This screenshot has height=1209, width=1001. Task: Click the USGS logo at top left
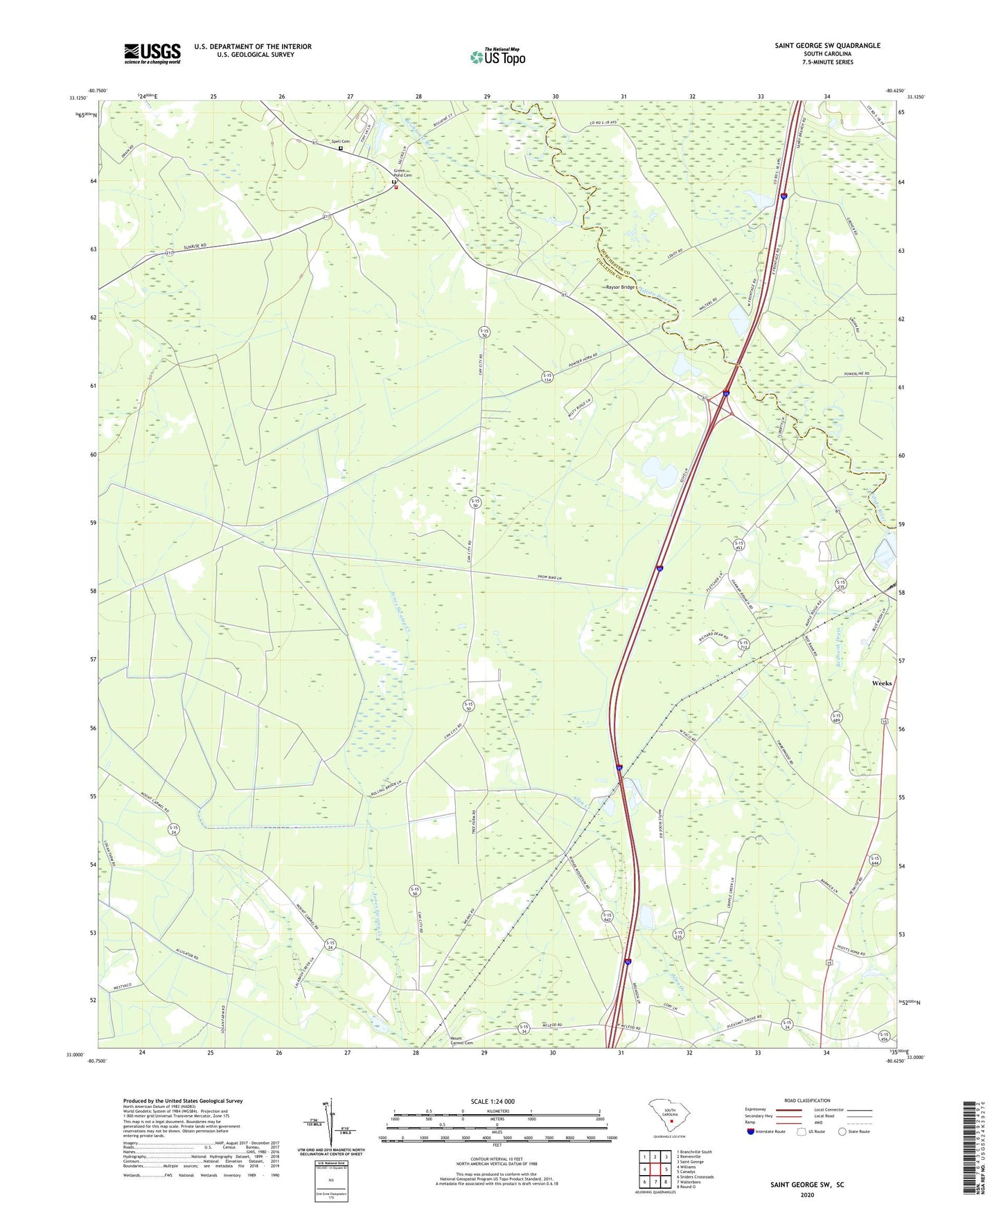pos(152,53)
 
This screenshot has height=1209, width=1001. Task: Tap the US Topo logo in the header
pos(497,57)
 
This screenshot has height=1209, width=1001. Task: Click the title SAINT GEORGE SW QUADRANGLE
pos(827,46)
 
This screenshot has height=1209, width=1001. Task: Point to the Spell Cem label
pos(340,141)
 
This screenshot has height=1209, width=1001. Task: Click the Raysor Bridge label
pos(620,287)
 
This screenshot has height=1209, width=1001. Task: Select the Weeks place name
pos(881,683)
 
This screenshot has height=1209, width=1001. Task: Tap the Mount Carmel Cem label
pos(461,1040)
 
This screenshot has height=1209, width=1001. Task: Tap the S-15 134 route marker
pos(547,377)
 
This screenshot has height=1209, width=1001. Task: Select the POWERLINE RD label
pos(856,374)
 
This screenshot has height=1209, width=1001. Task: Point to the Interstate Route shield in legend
pos(750,1131)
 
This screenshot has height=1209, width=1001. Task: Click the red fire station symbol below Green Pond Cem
pos(396,187)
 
